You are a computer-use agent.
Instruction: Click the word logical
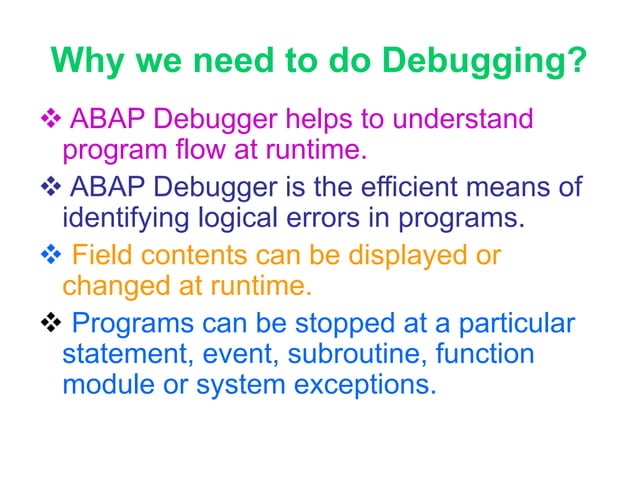[219, 218]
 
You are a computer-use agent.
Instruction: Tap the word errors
[301, 218]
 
